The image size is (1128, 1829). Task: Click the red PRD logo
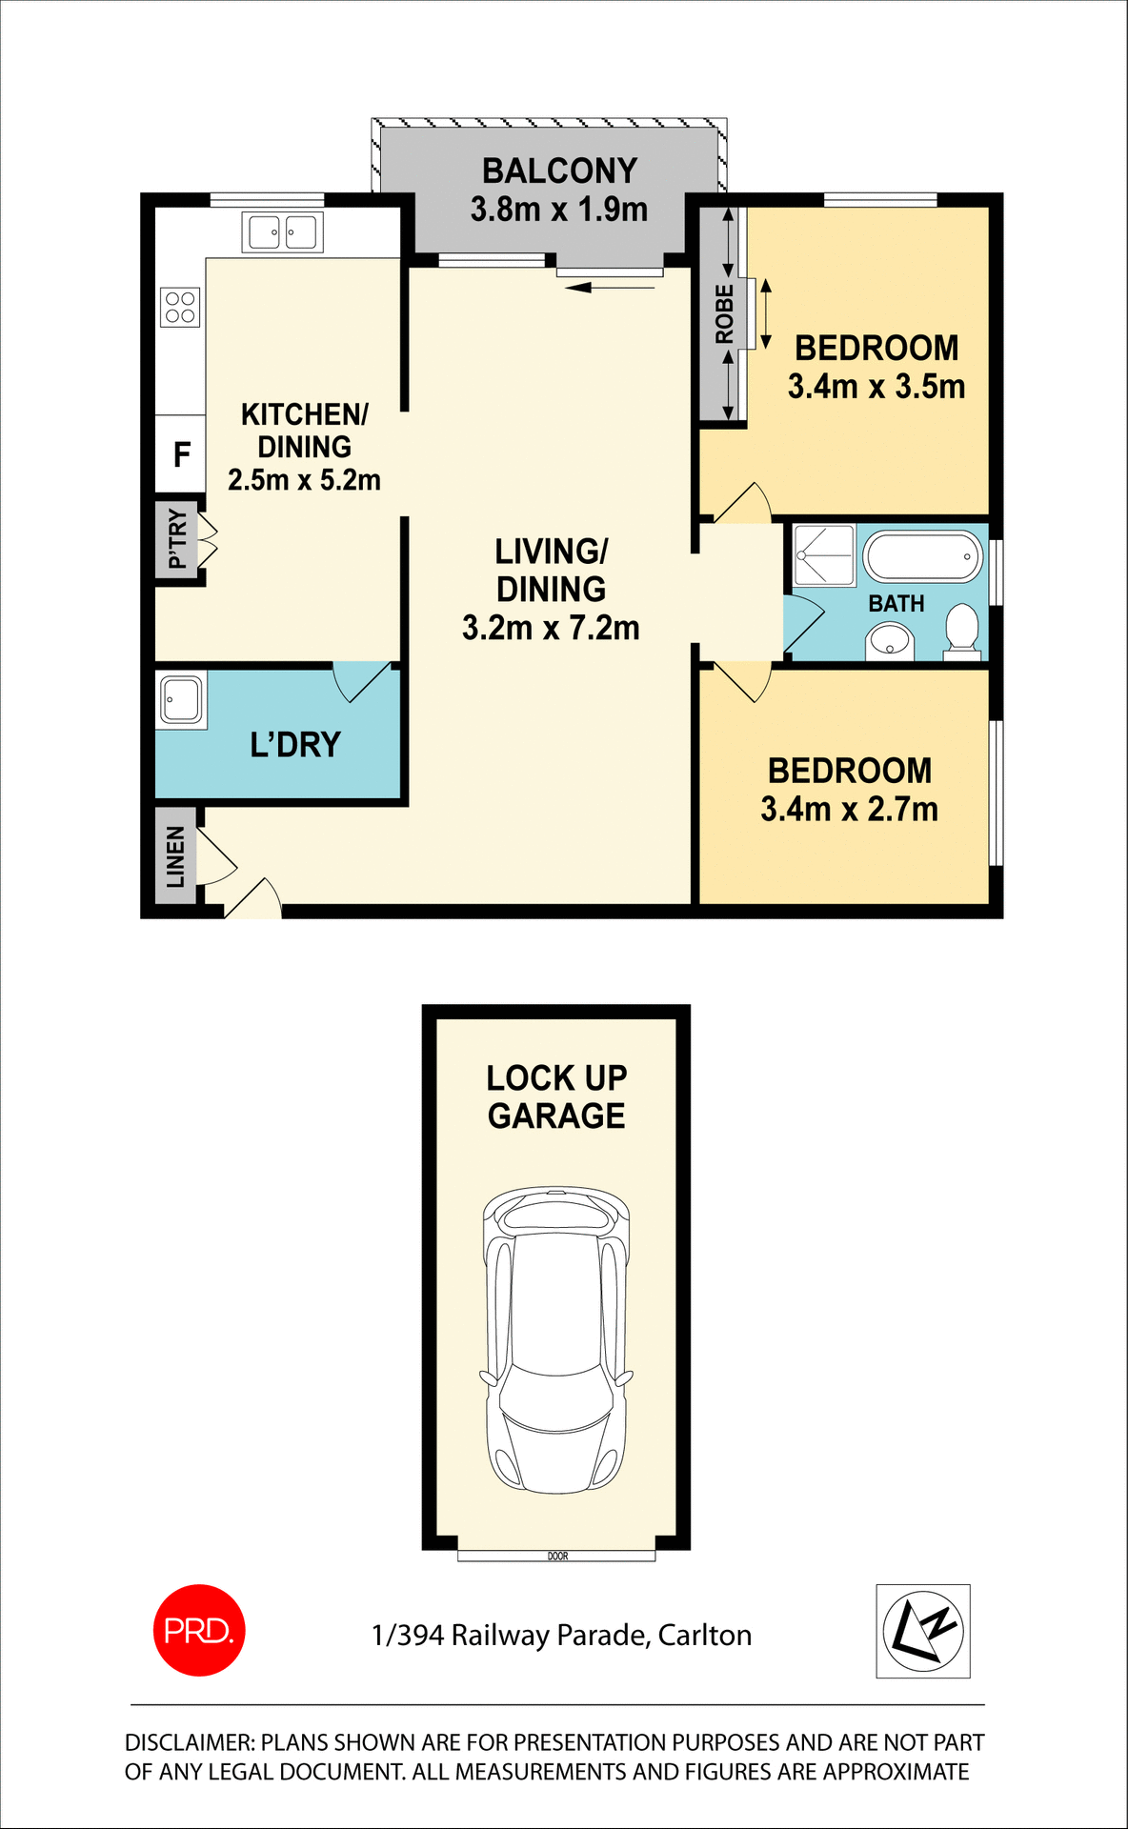pyautogui.click(x=199, y=1630)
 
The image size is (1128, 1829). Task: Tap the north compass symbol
pyautogui.click(x=922, y=1631)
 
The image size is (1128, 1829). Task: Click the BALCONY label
pyautogui.click(x=559, y=171)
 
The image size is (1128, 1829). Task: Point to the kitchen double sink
pyautogui.click(x=283, y=232)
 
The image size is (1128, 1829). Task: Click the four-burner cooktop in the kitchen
pyautogui.click(x=180, y=307)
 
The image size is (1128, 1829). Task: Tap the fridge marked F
pyautogui.click(x=181, y=455)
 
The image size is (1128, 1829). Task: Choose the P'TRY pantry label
pyautogui.click(x=177, y=539)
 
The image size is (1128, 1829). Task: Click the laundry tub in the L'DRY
pyautogui.click(x=181, y=700)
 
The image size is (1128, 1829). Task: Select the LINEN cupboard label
pyautogui.click(x=176, y=856)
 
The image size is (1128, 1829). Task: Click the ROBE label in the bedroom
pyautogui.click(x=725, y=314)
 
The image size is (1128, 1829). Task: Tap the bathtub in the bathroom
pyautogui.click(x=922, y=556)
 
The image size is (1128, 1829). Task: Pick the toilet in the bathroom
pyautogui.click(x=961, y=632)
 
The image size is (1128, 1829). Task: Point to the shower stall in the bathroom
pyautogui.click(x=824, y=554)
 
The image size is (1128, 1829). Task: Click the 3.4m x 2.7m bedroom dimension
pyautogui.click(x=849, y=810)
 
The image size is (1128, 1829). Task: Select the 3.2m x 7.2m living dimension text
pyautogui.click(x=551, y=629)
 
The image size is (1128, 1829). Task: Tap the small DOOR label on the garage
pyautogui.click(x=557, y=1557)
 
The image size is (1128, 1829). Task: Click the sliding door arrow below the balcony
pyautogui.click(x=610, y=285)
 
